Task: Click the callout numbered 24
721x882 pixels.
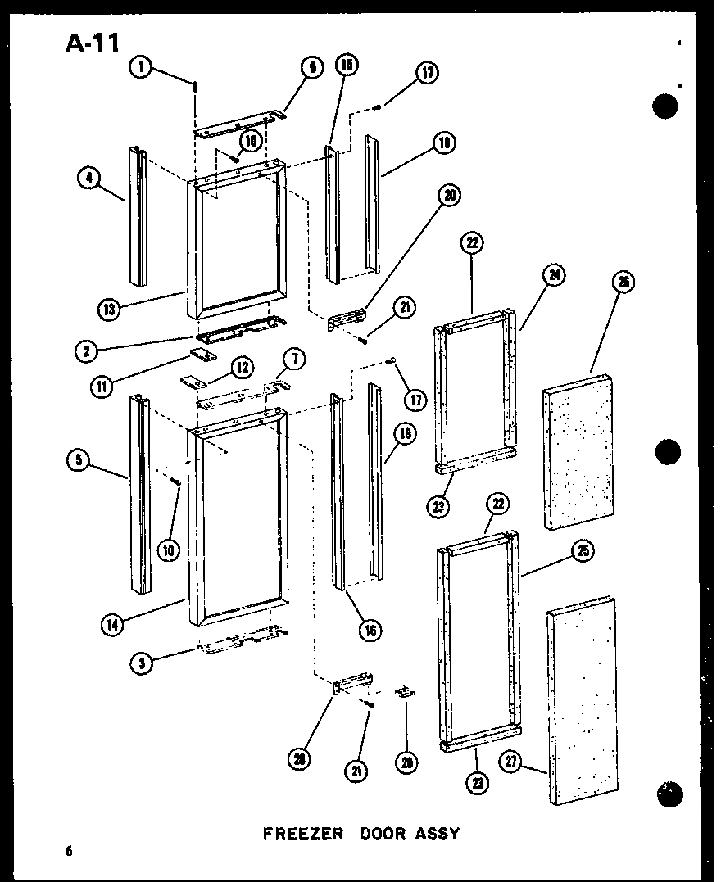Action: click(x=553, y=276)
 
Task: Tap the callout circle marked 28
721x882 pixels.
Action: click(x=300, y=758)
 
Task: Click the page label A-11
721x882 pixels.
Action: click(x=93, y=43)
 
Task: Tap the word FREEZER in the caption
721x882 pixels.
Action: click(x=302, y=834)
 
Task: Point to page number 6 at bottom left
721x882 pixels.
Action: click(x=70, y=851)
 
